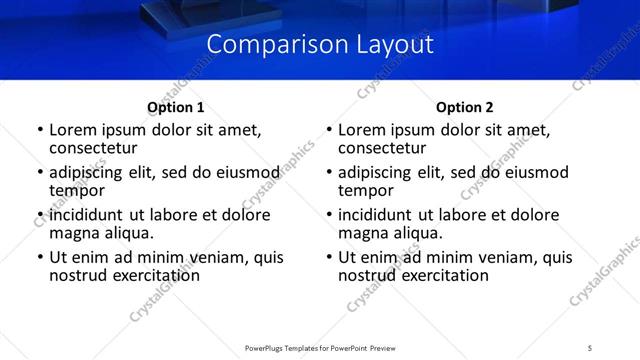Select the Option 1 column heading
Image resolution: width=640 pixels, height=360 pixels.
(x=176, y=107)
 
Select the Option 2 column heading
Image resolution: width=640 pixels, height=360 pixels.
(x=465, y=107)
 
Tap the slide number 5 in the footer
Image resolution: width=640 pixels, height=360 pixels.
(x=590, y=347)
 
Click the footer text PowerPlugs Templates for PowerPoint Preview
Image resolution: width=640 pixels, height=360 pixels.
(x=319, y=347)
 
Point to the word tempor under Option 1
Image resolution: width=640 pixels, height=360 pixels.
(x=77, y=190)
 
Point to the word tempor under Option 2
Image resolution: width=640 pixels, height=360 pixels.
(x=366, y=190)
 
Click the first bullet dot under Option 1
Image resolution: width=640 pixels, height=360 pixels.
(x=40, y=131)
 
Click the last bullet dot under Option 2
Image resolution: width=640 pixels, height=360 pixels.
(x=329, y=258)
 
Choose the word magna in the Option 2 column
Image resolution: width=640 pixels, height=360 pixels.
(x=362, y=233)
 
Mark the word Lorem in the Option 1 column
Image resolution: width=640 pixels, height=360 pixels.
(x=72, y=130)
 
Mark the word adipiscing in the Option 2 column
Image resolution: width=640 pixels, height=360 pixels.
(x=377, y=173)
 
